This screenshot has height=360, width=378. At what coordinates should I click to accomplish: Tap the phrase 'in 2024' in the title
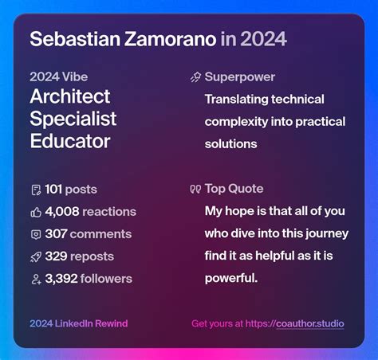pyautogui.click(x=254, y=39)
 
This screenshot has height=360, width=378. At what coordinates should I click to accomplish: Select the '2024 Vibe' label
pyautogui.click(x=58, y=77)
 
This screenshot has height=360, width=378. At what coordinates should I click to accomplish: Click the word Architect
pyautogui.click(x=69, y=97)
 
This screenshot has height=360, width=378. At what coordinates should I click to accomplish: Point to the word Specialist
pyautogui.click(x=73, y=119)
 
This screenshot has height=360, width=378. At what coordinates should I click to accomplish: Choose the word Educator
pyautogui.click(x=69, y=142)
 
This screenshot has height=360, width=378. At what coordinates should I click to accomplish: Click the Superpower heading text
pyautogui.click(x=239, y=77)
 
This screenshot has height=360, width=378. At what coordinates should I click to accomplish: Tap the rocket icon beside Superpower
pyautogui.click(x=195, y=77)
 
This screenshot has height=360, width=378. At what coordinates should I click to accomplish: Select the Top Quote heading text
pyautogui.click(x=234, y=189)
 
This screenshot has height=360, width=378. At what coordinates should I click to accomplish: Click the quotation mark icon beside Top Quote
pyautogui.click(x=195, y=190)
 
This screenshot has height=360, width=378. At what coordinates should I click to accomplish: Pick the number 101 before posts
pyautogui.click(x=54, y=190)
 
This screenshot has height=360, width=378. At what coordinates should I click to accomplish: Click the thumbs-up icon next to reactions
pyautogui.click(x=35, y=212)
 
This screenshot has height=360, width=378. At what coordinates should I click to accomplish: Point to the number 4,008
pyautogui.click(x=62, y=212)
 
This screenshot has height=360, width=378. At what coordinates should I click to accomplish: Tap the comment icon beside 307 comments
pyautogui.click(x=35, y=234)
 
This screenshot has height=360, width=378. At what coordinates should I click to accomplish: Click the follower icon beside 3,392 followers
pyautogui.click(x=35, y=279)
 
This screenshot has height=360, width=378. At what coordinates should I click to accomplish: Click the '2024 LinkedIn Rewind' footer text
pyautogui.click(x=78, y=323)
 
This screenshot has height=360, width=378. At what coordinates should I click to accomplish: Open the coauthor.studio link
pyautogui.click(x=309, y=323)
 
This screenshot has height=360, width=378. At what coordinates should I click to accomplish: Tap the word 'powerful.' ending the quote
pyautogui.click(x=231, y=279)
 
